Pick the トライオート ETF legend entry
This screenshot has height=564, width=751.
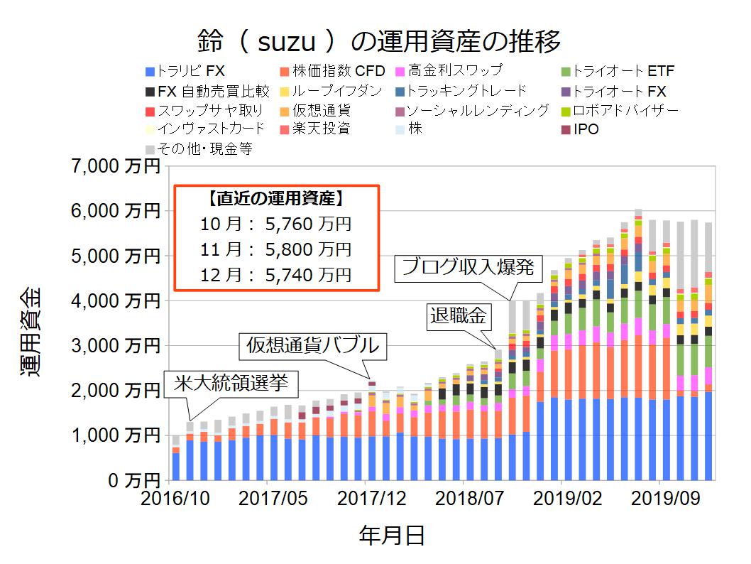[x=617, y=71]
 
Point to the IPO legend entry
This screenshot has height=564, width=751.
[x=579, y=129]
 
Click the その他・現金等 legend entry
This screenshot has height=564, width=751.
[x=198, y=149]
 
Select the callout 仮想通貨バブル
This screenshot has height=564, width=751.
[x=312, y=347]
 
